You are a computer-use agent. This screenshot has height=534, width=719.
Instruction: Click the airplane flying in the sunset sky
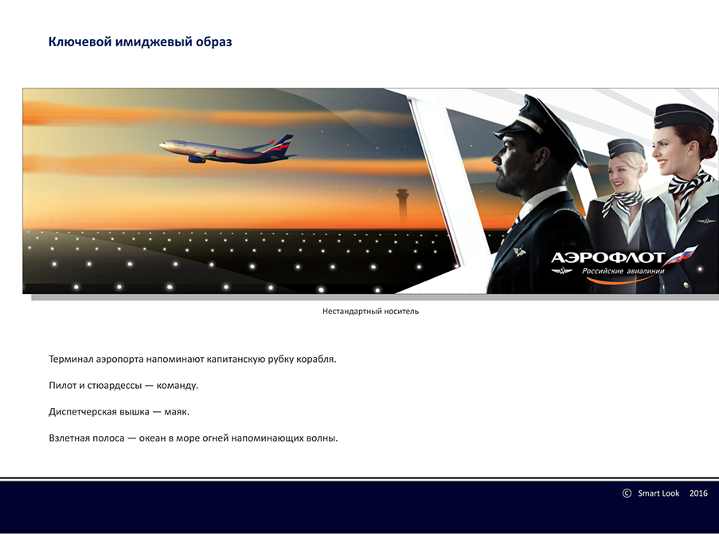coord(228,149)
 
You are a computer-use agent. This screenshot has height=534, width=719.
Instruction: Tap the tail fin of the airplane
coord(283,144)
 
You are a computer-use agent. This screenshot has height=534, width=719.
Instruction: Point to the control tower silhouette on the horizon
coord(402,206)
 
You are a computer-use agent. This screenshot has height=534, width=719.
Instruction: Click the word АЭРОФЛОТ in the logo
coord(608,257)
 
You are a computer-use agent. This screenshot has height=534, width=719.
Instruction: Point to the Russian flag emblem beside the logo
coord(681,256)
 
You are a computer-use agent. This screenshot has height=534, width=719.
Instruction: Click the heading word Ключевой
coord(80,41)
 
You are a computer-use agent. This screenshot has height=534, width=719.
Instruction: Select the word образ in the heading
coord(214,41)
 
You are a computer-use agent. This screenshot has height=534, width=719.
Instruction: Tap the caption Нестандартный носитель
coord(370,312)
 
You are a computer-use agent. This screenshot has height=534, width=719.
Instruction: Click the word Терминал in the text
coord(71,359)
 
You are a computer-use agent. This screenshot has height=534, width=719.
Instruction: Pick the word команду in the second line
coord(178,386)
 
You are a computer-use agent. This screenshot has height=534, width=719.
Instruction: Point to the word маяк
coord(177,412)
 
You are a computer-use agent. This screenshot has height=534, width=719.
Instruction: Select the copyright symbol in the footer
coord(627,493)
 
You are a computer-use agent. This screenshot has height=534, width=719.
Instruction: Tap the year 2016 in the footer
coord(698,493)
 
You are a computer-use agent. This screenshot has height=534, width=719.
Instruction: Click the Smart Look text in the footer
coord(658,493)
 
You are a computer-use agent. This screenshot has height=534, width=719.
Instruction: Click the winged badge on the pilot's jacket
coord(519,252)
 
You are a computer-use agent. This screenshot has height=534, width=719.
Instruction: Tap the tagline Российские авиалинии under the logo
coord(623,271)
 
